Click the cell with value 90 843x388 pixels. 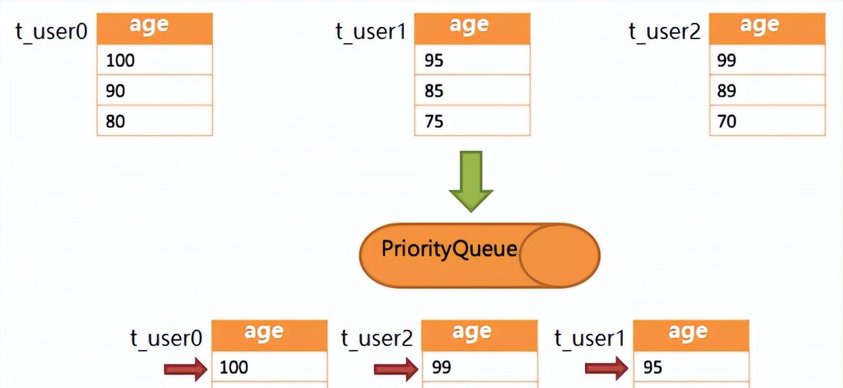(154, 91)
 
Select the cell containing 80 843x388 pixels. (154, 121)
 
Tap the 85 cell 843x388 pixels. (471, 91)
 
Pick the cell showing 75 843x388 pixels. (471, 121)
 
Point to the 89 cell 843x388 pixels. (767, 91)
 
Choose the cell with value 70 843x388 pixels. (767, 121)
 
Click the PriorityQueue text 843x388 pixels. (449, 249)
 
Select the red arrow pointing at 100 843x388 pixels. (186, 368)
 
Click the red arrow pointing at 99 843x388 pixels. (396, 368)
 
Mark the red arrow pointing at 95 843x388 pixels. (606, 368)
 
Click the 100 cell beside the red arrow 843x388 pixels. (269, 368)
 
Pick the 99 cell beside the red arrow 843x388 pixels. (479, 368)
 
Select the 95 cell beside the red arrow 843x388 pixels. (690, 368)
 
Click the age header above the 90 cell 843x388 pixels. (154, 28)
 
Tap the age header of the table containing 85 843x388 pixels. (471, 28)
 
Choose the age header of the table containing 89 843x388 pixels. (767, 28)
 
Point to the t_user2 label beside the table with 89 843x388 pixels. (665, 32)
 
